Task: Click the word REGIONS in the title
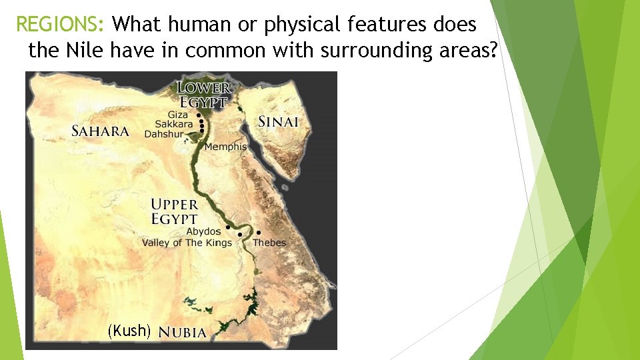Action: pyautogui.click(x=59, y=25)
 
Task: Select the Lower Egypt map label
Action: pyautogui.click(x=204, y=95)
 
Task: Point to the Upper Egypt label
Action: pyautogui.click(x=174, y=211)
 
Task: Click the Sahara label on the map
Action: pyautogui.click(x=100, y=131)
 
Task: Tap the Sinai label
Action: pyautogui.click(x=278, y=122)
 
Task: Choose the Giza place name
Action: pyautogui.click(x=179, y=115)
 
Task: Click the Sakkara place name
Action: pyautogui.click(x=173, y=124)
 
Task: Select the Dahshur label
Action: pyautogui.click(x=163, y=133)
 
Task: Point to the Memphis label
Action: pyautogui.click(x=225, y=147)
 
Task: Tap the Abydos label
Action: pyautogui.click(x=203, y=231)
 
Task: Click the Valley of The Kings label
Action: pyautogui.click(x=187, y=243)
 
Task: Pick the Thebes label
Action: pyautogui.click(x=269, y=243)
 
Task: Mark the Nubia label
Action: pyautogui.click(x=183, y=332)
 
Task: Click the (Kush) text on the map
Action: pyautogui.click(x=130, y=330)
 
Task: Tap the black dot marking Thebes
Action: pyautogui.click(x=259, y=233)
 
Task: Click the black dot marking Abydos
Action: pyautogui.click(x=227, y=228)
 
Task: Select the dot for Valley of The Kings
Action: pyautogui.click(x=239, y=235)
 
